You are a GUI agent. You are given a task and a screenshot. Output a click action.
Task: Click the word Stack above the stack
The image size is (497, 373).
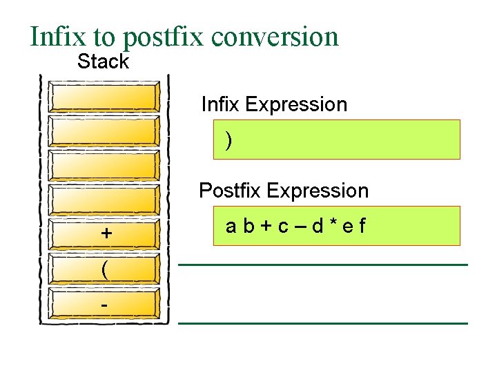103,61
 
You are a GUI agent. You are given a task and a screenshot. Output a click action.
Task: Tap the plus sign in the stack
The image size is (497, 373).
106,233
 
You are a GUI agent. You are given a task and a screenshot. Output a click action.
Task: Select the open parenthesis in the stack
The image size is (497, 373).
104,269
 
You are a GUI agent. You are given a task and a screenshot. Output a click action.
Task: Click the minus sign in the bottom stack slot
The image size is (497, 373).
104,304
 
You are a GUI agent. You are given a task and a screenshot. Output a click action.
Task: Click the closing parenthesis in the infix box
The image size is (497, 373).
228,140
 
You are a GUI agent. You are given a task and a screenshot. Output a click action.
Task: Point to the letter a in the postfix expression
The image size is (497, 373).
231,226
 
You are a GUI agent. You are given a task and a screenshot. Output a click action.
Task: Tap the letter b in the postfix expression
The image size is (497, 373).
248,226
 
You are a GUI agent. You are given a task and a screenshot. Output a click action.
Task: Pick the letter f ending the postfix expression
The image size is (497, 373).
362,226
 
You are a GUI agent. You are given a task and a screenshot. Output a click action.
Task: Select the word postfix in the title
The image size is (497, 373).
164,37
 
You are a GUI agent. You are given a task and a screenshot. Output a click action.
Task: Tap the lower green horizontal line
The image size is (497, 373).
323,323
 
